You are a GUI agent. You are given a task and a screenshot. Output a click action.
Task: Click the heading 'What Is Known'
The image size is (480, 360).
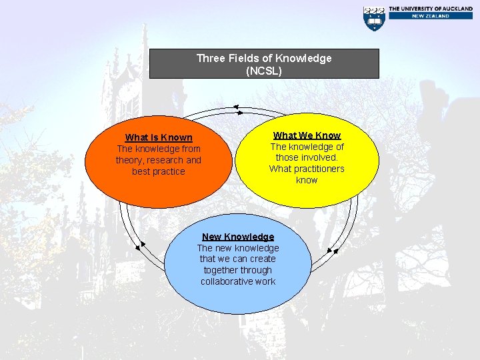pyautogui.click(x=159, y=137)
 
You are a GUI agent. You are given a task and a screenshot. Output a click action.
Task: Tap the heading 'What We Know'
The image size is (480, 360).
pyautogui.click(x=307, y=135)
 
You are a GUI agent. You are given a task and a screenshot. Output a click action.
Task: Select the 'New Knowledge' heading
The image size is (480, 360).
pyautogui.click(x=238, y=237)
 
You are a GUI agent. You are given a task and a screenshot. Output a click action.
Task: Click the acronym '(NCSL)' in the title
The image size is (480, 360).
pyautogui.click(x=264, y=70)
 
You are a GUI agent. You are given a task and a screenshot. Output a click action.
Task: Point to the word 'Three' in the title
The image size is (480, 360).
pyautogui.click(x=211, y=58)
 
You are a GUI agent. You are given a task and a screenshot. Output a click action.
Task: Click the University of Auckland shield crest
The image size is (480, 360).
pyautogui.click(x=374, y=18)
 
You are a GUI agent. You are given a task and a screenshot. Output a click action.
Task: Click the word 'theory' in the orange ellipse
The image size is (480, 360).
pyautogui.click(x=129, y=160)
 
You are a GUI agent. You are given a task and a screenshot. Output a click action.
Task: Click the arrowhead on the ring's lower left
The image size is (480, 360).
pyautogui.click(x=139, y=246)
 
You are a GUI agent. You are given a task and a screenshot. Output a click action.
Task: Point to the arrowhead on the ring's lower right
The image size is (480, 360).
pyautogui.click(x=335, y=251)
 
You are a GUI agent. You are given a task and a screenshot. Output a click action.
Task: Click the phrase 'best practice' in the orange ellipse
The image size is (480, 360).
pyautogui.click(x=159, y=171)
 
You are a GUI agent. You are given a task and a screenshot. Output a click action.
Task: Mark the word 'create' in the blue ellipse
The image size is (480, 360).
pyautogui.click(x=263, y=259)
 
